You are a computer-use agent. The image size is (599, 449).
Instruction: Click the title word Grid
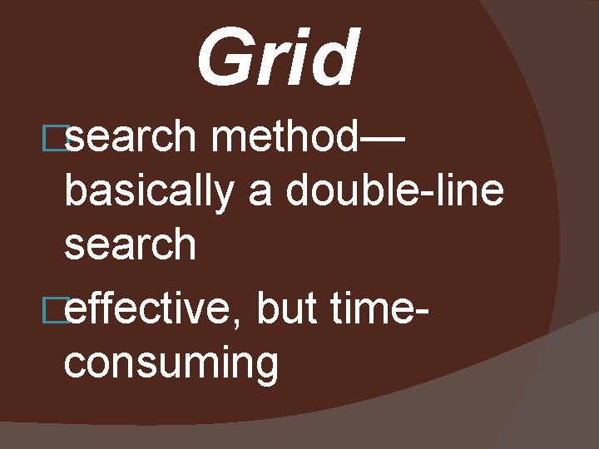point(278,58)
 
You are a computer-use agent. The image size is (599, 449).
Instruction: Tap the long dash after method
point(384,141)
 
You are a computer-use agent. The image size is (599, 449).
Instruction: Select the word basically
point(150,193)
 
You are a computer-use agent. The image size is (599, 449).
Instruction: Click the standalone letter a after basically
point(260,196)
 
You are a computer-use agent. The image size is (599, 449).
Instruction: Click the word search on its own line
point(130,245)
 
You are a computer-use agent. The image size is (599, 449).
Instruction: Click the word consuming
point(171,364)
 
